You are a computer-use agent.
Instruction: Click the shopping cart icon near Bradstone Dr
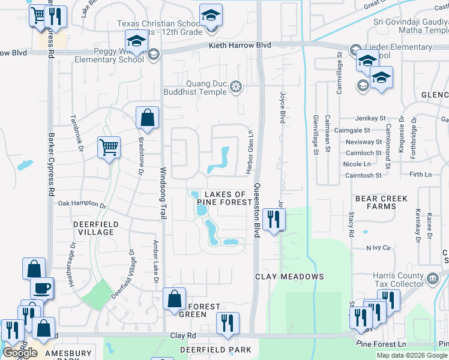click(x=109, y=147)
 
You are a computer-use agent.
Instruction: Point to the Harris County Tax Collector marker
click(x=432, y=278)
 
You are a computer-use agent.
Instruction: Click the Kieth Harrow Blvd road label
click(x=240, y=46)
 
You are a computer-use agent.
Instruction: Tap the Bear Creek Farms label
click(x=381, y=202)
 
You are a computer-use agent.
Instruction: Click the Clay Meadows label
click(x=289, y=277)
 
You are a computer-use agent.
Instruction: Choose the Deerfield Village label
click(x=85, y=228)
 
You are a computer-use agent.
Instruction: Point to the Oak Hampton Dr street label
click(x=82, y=204)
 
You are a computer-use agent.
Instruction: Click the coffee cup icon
click(x=42, y=287)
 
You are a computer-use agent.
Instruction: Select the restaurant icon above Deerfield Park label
click(x=228, y=323)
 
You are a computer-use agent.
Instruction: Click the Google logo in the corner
click(x=20, y=353)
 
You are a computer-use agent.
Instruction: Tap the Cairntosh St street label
click(x=363, y=175)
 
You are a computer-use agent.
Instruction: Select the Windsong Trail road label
click(x=162, y=192)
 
